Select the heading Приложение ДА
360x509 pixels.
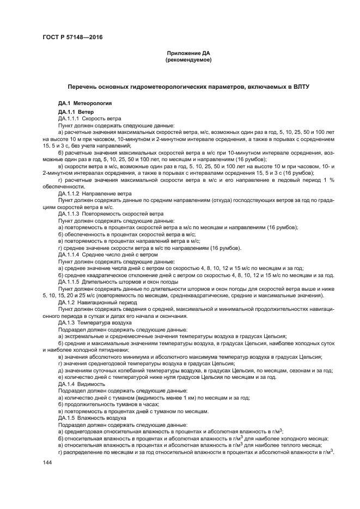(188, 53)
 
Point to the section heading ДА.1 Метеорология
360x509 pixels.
(85, 102)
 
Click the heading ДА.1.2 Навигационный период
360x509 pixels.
(94, 302)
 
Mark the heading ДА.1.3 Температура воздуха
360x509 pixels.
(95, 322)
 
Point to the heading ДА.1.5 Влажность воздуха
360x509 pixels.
(91, 417)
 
